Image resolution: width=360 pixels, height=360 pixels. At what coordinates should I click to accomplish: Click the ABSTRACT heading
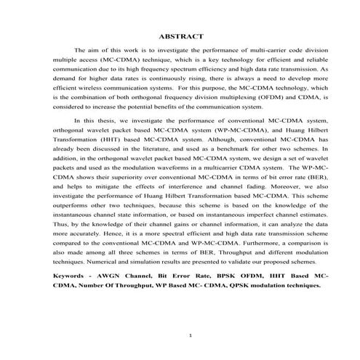(x=180, y=36)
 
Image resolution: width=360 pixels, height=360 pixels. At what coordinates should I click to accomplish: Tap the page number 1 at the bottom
(x=189, y=335)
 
